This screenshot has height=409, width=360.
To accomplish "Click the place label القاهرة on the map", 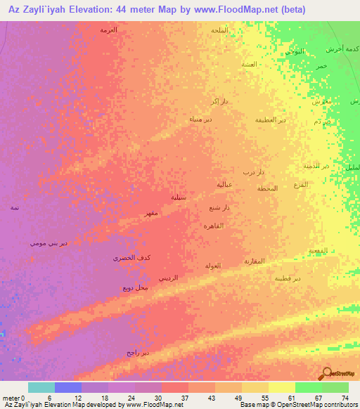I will (213, 226).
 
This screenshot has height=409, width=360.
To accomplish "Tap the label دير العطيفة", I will (270, 120).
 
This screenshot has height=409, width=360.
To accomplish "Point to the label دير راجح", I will (138, 352).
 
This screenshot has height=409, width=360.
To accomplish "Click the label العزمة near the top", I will (108, 30).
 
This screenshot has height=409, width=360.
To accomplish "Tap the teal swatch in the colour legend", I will (41, 387).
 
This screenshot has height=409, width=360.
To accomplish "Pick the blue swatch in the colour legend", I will (68, 387).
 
